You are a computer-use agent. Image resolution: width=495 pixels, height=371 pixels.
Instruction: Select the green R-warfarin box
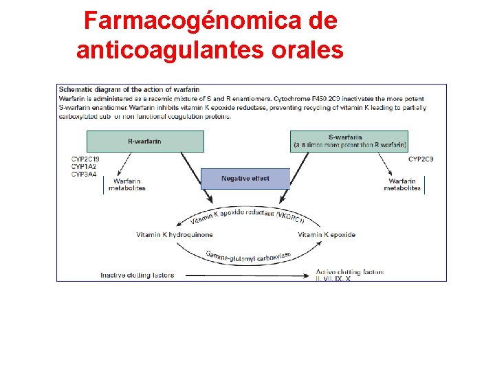pyautogui.click(x=145, y=142)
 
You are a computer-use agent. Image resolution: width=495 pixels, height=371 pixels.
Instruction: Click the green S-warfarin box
pyautogui.click(x=349, y=142)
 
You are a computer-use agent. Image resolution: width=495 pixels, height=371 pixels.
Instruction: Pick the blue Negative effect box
pyautogui.click(x=245, y=179)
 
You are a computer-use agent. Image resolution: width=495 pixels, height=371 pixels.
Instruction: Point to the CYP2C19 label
pyautogui.click(x=85, y=159)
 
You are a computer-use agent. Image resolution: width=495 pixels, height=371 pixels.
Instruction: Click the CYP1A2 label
pyautogui.click(x=83, y=167)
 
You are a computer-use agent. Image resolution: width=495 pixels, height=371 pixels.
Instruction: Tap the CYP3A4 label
pyautogui.click(x=83, y=175)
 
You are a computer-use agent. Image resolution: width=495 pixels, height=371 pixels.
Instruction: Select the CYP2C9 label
pyautogui.click(x=421, y=159)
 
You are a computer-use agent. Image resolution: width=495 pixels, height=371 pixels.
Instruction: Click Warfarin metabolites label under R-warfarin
pyautogui.click(x=126, y=184)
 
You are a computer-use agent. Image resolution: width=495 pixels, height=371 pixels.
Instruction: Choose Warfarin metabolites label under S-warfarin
pyautogui.click(x=402, y=184)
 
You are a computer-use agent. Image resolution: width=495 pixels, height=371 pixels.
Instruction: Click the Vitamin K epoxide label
pyautogui.click(x=327, y=235)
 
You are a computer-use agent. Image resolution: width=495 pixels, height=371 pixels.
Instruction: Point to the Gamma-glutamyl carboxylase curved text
pyautogui.click(x=248, y=255)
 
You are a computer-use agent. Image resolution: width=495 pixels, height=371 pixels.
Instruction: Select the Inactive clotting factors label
pyautogui.click(x=137, y=276)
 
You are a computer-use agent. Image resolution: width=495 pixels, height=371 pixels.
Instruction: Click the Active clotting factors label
pyautogui.click(x=350, y=272)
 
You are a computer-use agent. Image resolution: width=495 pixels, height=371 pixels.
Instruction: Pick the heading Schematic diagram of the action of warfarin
pyautogui.click(x=129, y=89)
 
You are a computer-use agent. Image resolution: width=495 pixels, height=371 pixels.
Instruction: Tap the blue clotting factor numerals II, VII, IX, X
pyautogui.click(x=333, y=279)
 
